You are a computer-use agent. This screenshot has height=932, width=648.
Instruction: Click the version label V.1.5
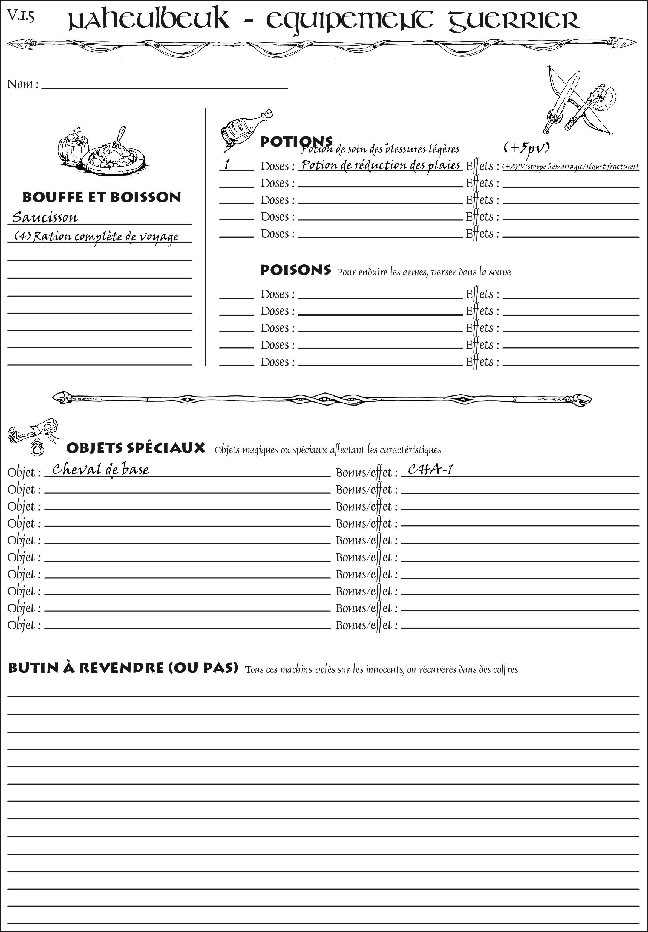pyautogui.click(x=20, y=17)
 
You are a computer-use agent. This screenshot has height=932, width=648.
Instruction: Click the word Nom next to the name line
pyautogui.click(x=20, y=84)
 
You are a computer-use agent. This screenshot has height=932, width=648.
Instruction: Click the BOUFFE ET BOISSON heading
pyautogui.click(x=102, y=197)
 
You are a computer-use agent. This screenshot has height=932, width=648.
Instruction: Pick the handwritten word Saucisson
pyautogui.click(x=45, y=217)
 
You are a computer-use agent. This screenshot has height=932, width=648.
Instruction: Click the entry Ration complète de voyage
pyautogui.click(x=97, y=237)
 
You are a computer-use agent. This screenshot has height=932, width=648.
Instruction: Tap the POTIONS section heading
pyautogui.click(x=296, y=142)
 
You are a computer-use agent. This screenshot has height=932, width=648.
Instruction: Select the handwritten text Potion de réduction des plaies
pyautogui.click(x=381, y=165)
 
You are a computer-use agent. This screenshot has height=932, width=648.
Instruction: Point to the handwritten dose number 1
pyautogui.click(x=227, y=164)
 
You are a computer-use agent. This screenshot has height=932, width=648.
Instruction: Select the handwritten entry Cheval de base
pyautogui.click(x=100, y=469)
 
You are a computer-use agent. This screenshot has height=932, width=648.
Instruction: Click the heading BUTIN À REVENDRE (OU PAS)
pyautogui.click(x=123, y=668)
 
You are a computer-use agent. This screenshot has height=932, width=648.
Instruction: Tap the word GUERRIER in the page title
pyautogui.click(x=514, y=20)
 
